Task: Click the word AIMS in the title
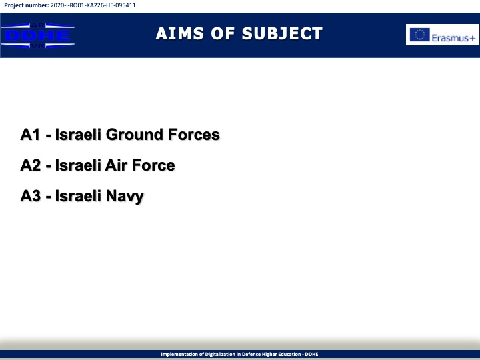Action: tap(180, 33)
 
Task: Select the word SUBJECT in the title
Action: tap(282, 33)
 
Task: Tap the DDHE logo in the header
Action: tap(37, 35)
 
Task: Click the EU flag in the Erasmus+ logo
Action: tap(420, 35)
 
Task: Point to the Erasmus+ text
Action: tap(453, 38)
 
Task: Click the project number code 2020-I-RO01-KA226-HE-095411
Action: tap(93, 5)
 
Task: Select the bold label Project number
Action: tap(26, 5)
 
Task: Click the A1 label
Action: tap(30, 135)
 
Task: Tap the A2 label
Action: tap(31, 165)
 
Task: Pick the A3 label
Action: tap(31, 195)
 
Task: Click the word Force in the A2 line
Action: tap(153, 165)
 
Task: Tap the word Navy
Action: tap(125, 197)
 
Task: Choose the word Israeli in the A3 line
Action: tap(78, 195)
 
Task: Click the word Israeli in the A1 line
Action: tap(78, 135)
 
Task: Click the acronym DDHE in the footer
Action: tap(311, 354)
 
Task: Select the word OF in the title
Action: tap(223, 33)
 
